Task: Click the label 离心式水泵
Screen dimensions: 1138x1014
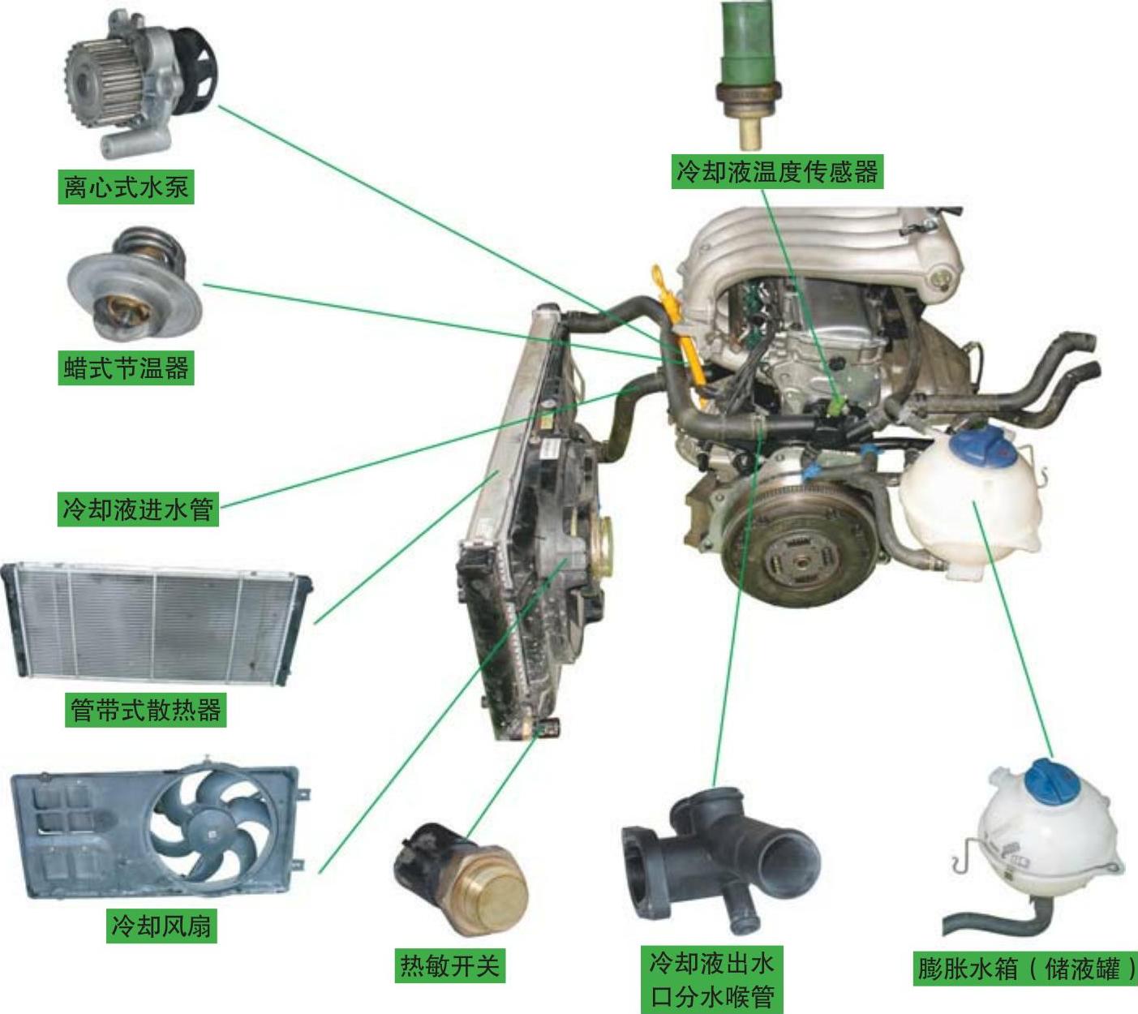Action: [x=126, y=187]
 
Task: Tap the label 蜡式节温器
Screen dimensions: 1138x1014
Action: [x=126, y=368]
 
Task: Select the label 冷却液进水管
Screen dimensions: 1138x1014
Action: [x=138, y=509]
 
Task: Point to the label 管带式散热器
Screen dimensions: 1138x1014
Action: [x=145, y=710]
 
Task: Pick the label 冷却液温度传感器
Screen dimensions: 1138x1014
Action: [x=777, y=171]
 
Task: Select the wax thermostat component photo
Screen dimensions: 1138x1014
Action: [x=135, y=284]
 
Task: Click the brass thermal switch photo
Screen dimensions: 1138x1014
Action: [x=462, y=878]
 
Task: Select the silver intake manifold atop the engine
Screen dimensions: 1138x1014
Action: [x=826, y=247]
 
